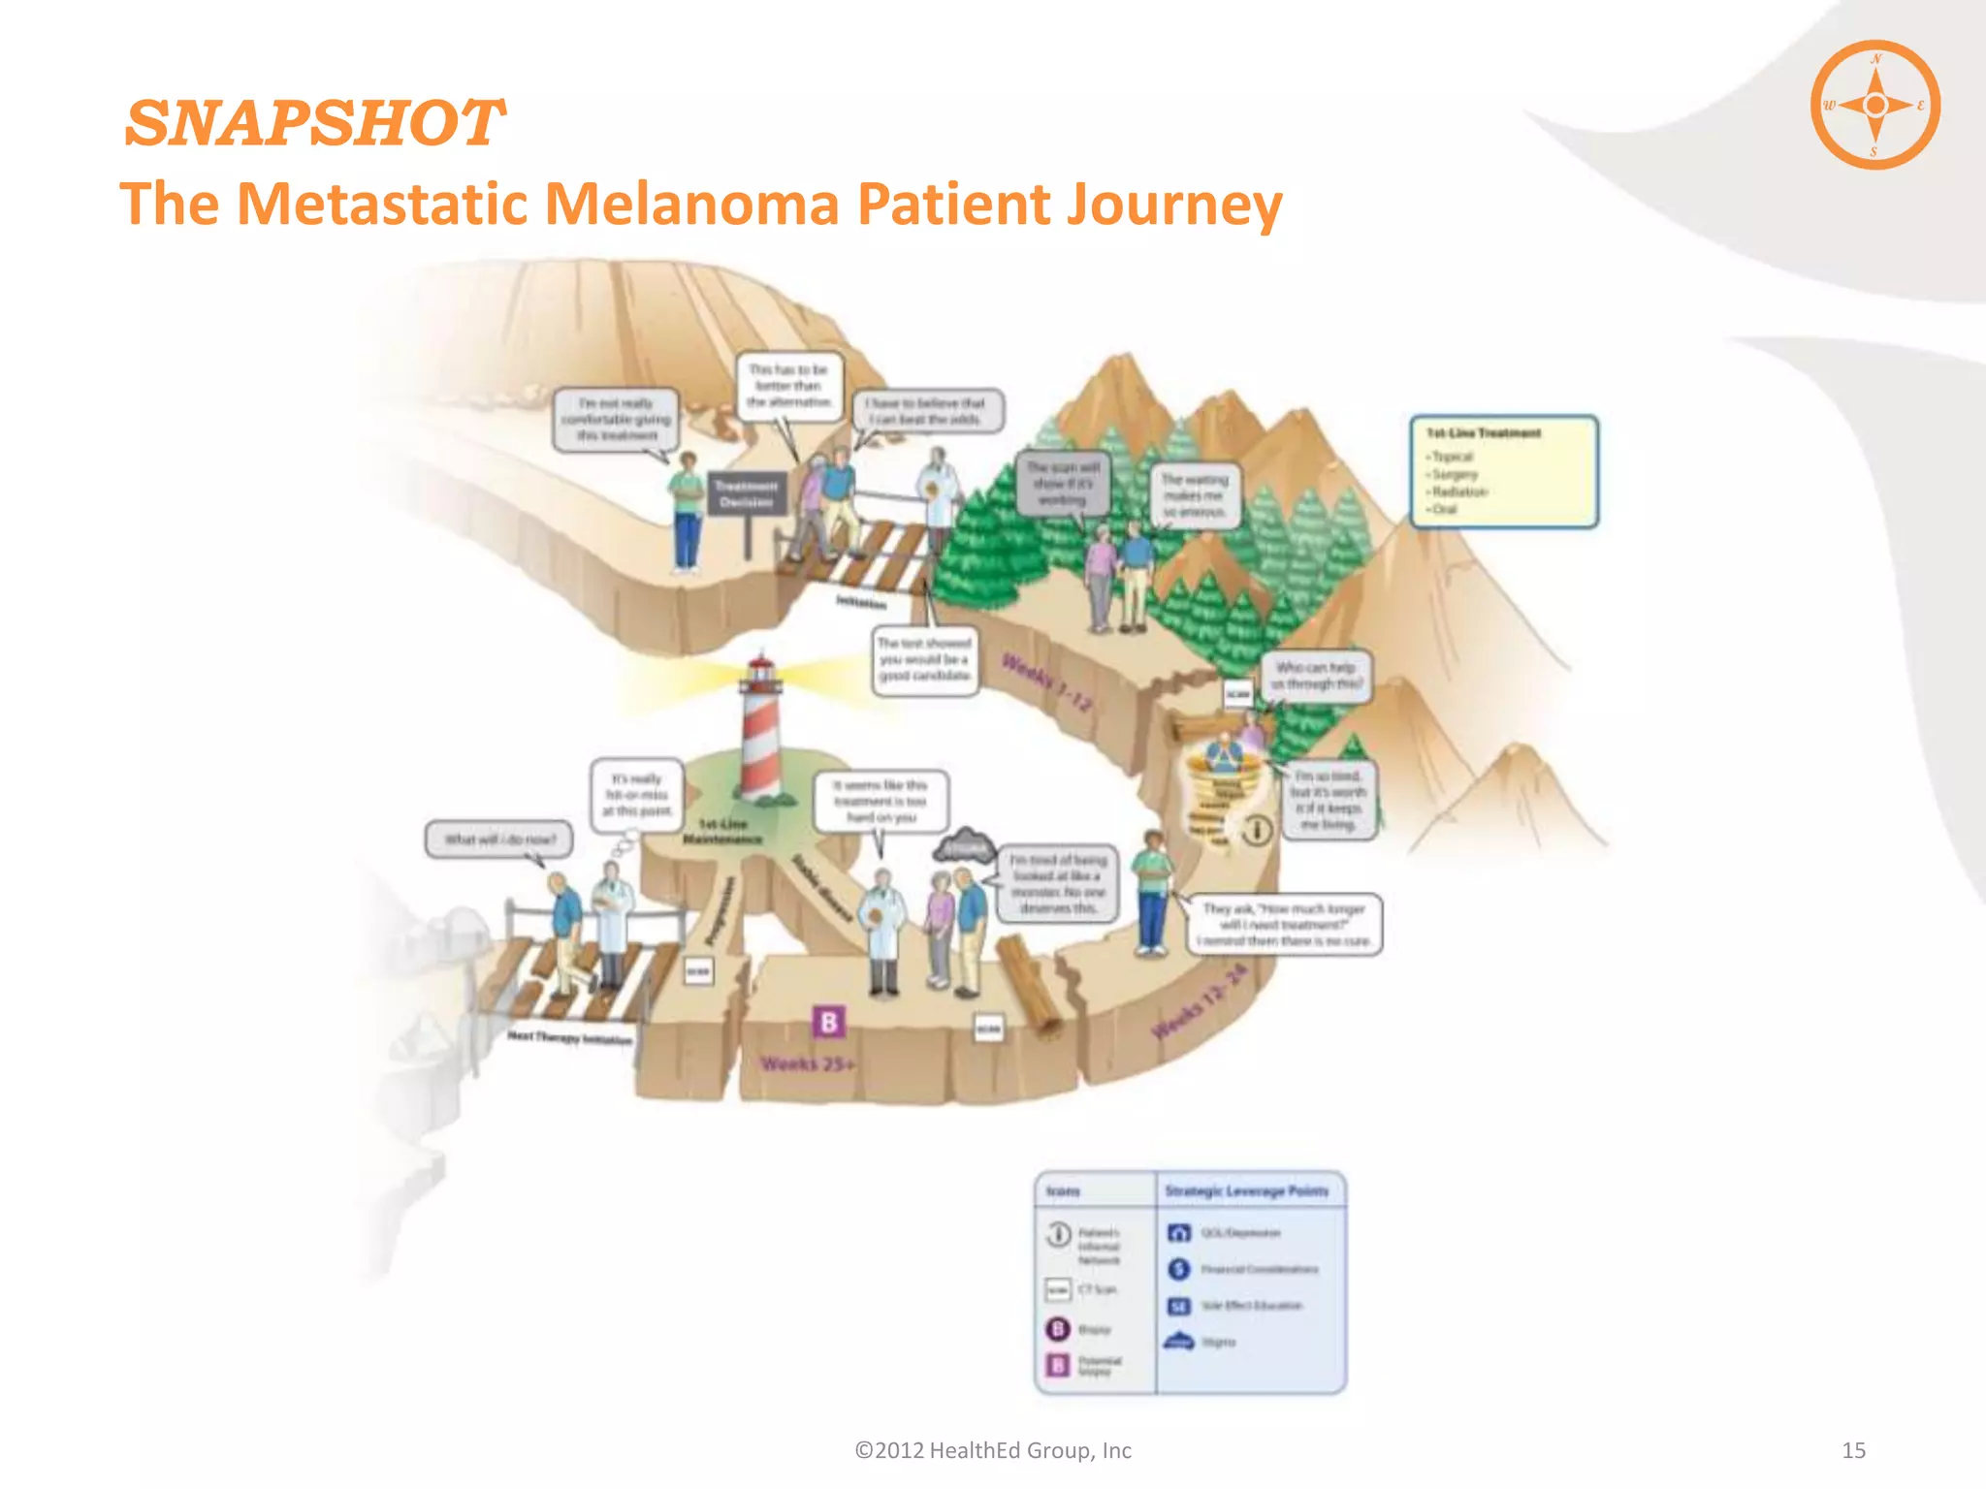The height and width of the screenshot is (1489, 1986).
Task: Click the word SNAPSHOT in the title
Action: tap(314, 124)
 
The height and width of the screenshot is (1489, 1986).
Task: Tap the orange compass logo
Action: tap(1874, 105)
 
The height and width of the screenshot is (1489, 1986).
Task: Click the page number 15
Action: tap(1853, 1450)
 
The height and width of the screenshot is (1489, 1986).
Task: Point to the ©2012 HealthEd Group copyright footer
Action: tap(992, 1450)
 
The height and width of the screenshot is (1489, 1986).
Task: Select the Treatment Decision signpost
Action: tap(746, 494)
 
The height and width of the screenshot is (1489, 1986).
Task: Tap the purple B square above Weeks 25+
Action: tap(828, 1022)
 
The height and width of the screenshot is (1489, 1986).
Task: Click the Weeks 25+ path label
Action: tap(807, 1064)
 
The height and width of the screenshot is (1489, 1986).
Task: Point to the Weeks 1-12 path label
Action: tap(1047, 682)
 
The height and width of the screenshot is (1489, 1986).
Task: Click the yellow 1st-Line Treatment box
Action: tap(1503, 471)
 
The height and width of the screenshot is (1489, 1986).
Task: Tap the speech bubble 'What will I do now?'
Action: tap(499, 840)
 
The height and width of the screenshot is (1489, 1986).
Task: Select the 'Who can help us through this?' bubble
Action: tap(1316, 676)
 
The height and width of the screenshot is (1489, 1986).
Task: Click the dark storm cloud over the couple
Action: tap(964, 845)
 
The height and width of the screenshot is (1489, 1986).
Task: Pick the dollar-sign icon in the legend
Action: tap(1178, 1269)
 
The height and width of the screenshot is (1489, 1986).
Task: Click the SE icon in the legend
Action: tap(1178, 1306)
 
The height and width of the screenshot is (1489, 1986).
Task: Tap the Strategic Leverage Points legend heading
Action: tap(1246, 1190)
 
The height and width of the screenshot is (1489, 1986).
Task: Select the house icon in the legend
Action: tap(1178, 1233)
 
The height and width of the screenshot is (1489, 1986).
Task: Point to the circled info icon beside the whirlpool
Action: tap(1257, 830)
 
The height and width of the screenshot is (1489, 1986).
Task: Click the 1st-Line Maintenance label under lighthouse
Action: tap(722, 832)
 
